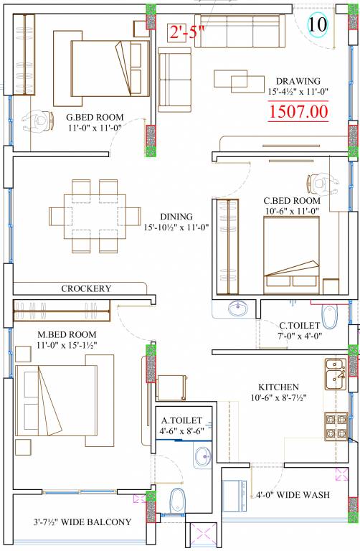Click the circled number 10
[318, 24]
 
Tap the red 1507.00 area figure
[298, 112]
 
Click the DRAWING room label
[298, 81]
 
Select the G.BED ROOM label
[95, 118]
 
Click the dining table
[95, 216]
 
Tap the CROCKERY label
[86, 288]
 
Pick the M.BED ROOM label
[67, 334]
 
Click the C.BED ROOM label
[292, 201]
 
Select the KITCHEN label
[278, 387]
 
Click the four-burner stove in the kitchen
[336, 426]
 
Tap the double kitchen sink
[336, 374]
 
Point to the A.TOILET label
[181, 420]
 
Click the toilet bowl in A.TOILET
[177, 501]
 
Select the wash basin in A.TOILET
[202, 456]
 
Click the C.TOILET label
[300, 326]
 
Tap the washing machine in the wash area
[235, 496]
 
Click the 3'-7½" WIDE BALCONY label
[82, 522]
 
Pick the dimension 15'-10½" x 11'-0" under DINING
[176, 227]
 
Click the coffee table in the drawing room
[240, 81]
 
